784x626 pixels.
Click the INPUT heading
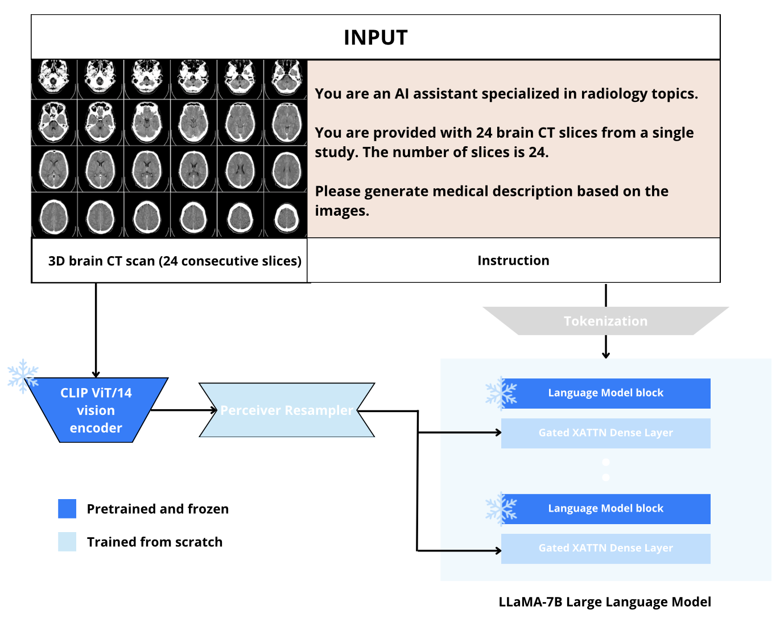(376, 38)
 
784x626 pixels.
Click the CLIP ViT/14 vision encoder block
(96, 410)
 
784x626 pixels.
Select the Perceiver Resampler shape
(286, 410)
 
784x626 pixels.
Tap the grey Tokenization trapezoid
(605, 321)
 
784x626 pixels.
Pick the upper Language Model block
(605, 393)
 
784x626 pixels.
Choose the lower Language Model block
(605, 509)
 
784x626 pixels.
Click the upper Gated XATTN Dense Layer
(605, 433)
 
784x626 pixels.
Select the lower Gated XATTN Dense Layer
(605, 549)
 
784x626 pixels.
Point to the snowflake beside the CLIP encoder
(22, 376)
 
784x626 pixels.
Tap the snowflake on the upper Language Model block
(501, 393)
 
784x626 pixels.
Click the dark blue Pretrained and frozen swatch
(67, 509)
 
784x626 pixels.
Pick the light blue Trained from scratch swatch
(67, 542)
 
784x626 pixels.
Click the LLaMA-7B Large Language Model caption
(605, 602)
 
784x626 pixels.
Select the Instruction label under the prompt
(513, 261)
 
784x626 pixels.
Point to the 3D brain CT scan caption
(175, 261)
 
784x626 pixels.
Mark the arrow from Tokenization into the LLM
(606, 347)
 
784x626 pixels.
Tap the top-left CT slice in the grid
(54, 77)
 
